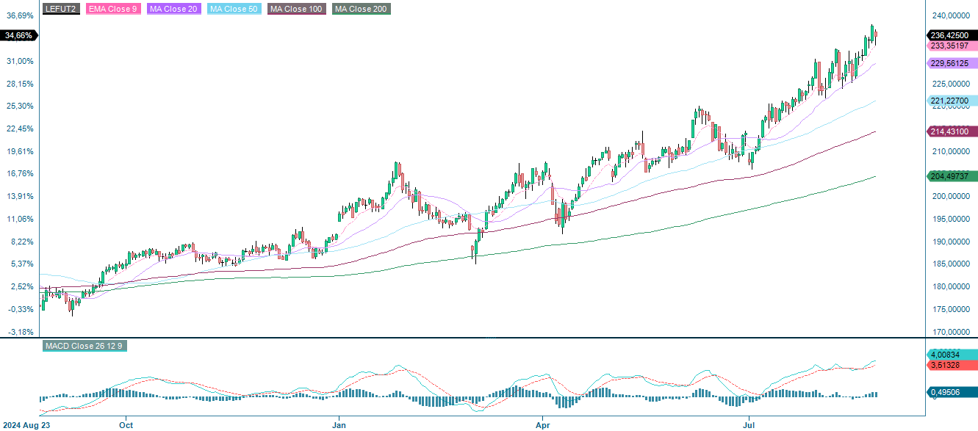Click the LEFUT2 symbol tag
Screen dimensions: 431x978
pos(62,9)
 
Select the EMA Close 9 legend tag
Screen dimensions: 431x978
pos(112,9)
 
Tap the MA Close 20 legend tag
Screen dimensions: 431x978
pos(173,9)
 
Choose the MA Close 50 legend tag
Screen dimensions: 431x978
pos(234,9)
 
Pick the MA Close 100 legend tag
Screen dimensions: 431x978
pos(296,9)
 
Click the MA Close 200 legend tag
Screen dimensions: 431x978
pos(361,9)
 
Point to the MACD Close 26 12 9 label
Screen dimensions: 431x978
pos(85,346)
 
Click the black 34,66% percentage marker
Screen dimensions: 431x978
pos(18,35)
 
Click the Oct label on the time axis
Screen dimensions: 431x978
pos(126,424)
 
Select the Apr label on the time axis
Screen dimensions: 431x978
pos(543,424)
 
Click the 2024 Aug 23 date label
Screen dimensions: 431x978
pos(27,424)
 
